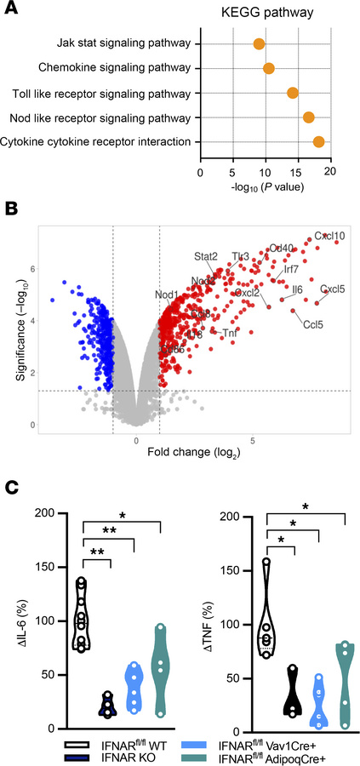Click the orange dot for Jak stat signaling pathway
259,43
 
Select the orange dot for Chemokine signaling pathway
269,68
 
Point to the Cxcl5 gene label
332,289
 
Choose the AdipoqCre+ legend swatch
200,755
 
